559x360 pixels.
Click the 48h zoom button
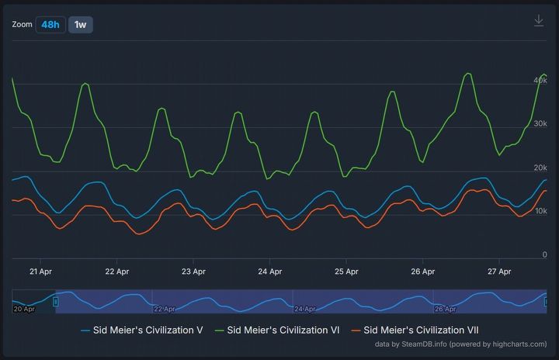pyautogui.click(x=50, y=25)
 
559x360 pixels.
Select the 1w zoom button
pyautogui.click(x=80, y=25)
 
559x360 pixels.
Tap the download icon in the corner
pyautogui.click(x=539, y=21)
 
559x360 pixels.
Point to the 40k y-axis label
pyautogui.click(x=540, y=80)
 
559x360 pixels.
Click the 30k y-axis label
pyautogui.click(x=540, y=123)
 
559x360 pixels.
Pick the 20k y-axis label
pyautogui.click(x=540, y=168)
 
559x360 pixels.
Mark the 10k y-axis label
pyautogui.click(x=540, y=211)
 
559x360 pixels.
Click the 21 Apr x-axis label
pyautogui.click(x=40, y=272)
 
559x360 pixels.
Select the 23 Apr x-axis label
pyautogui.click(x=193, y=272)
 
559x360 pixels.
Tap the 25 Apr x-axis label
pyautogui.click(x=346, y=272)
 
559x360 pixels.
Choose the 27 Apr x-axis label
pyautogui.click(x=499, y=272)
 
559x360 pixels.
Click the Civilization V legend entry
pyautogui.click(x=142, y=330)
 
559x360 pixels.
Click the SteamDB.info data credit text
pyautogui.click(x=460, y=344)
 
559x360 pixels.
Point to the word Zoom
pyautogui.click(x=23, y=25)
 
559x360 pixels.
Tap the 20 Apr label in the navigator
pyautogui.click(x=24, y=309)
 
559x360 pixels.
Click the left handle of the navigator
pyautogui.click(x=56, y=301)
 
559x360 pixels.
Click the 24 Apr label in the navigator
pyautogui.click(x=305, y=309)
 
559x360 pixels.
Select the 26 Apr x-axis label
pyautogui.click(x=422, y=272)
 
